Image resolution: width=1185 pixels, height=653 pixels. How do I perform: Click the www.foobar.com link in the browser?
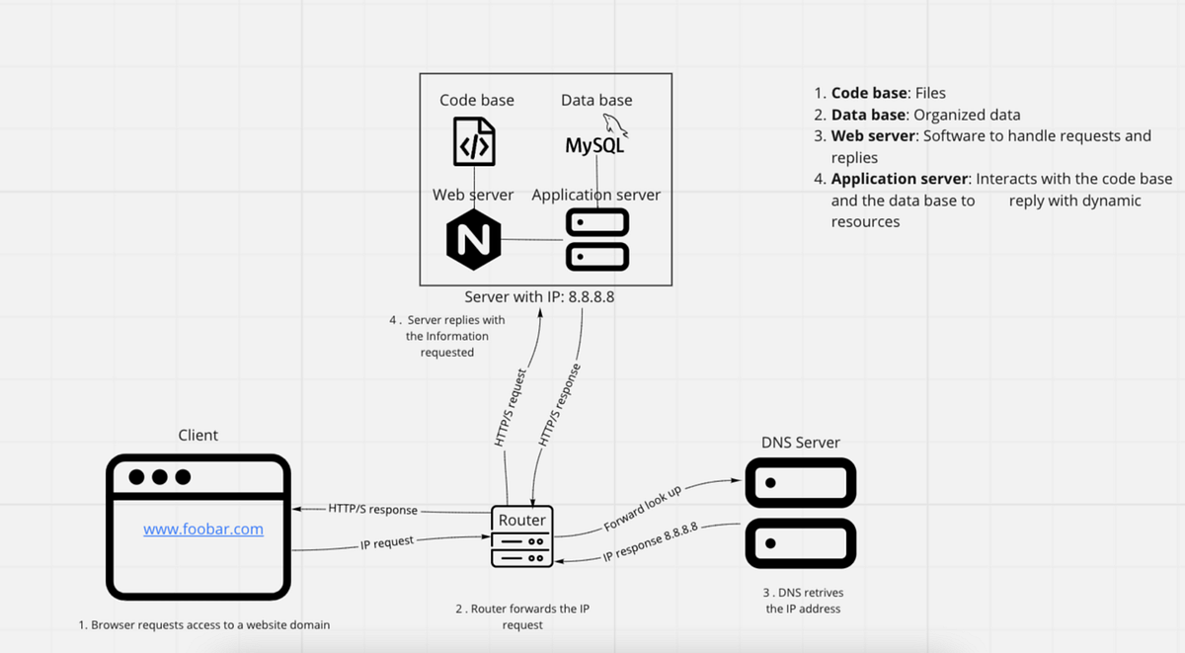(x=203, y=530)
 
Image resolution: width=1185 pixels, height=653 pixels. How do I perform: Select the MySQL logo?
(x=595, y=139)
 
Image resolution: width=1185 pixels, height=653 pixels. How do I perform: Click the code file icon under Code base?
(x=474, y=142)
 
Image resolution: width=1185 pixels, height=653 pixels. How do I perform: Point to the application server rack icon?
(x=596, y=239)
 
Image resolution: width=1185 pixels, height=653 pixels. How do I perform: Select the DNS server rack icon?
(x=800, y=513)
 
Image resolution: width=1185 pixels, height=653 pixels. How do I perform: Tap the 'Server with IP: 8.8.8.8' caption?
(x=539, y=296)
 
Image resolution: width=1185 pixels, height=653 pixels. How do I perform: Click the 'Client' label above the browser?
(x=198, y=435)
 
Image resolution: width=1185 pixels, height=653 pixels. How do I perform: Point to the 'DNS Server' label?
(x=801, y=442)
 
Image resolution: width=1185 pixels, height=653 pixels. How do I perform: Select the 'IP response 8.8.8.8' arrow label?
(x=650, y=542)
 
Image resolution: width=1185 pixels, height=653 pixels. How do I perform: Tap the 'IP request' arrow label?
(x=386, y=541)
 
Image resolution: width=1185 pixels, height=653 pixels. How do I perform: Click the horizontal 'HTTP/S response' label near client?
(x=372, y=510)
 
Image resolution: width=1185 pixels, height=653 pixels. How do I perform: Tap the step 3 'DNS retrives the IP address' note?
(x=803, y=601)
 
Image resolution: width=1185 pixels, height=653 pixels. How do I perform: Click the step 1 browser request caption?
(x=204, y=625)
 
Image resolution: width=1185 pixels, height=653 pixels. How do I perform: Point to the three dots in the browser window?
(x=159, y=478)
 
